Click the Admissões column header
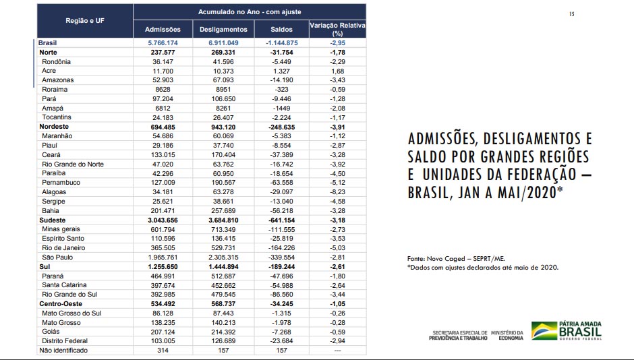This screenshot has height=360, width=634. [x=163, y=30]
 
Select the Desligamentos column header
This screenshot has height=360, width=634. [x=223, y=30]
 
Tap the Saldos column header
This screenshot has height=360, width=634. [x=281, y=30]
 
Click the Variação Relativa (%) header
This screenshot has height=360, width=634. [x=338, y=29]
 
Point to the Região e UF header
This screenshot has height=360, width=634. [x=85, y=21]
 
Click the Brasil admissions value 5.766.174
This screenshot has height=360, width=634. [x=163, y=43]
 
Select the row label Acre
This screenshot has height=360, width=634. [x=49, y=71]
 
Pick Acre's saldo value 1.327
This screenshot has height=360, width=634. [x=281, y=71]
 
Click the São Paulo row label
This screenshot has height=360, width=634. [x=57, y=257]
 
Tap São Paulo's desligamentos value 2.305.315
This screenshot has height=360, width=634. [x=223, y=258]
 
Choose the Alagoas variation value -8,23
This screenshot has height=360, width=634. [x=337, y=192]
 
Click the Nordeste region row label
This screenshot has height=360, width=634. [x=54, y=127]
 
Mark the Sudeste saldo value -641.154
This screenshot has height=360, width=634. [x=281, y=220]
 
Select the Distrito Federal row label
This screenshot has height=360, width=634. [x=65, y=340]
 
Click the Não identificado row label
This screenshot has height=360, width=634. [x=63, y=351]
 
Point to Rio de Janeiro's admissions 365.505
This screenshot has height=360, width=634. [x=163, y=248]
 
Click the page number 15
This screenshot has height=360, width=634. [x=571, y=14]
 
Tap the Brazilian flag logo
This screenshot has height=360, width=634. [x=544, y=330]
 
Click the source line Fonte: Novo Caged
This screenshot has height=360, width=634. [x=456, y=259]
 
